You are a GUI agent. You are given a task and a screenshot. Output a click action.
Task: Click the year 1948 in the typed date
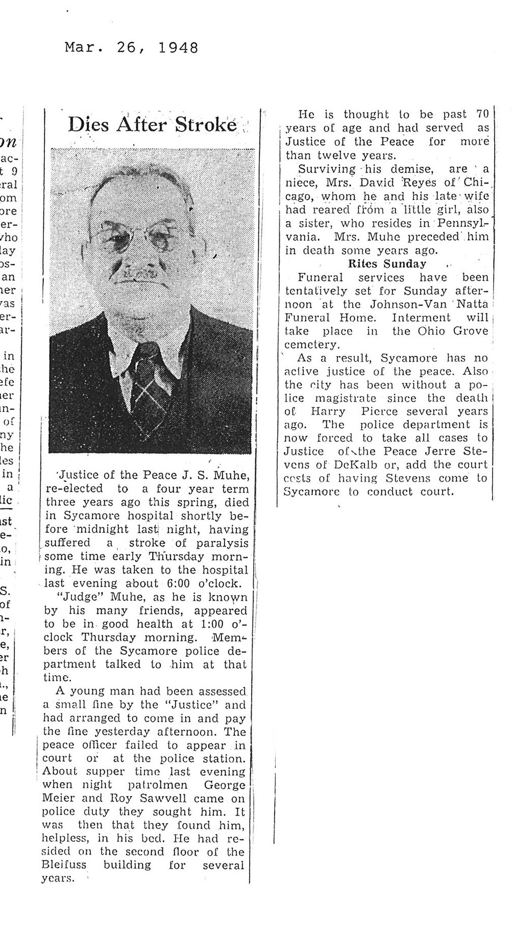point(178,48)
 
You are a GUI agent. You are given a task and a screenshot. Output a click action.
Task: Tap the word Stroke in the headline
point(206,124)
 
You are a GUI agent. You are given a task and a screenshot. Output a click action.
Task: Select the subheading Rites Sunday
point(387,264)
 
